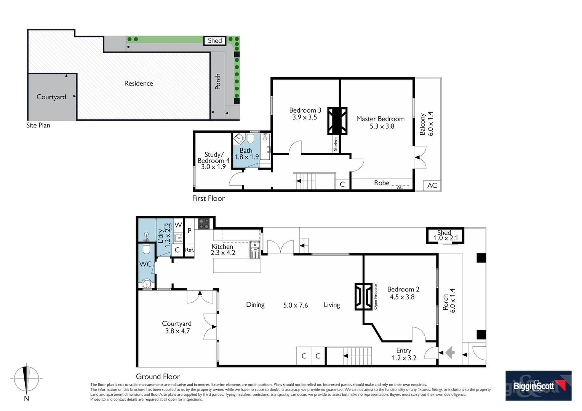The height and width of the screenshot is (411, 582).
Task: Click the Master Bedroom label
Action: pos(380,119)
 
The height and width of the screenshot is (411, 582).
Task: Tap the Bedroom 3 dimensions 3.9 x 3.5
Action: pos(304,118)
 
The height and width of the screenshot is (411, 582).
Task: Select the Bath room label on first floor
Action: pos(246,151)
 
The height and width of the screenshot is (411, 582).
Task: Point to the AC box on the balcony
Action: pos(432,185)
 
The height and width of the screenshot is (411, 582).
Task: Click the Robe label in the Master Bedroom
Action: pos(381,183)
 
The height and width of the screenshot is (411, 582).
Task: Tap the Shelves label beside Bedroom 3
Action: pos(336,144)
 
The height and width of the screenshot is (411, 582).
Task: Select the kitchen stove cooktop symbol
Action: pos(204,223)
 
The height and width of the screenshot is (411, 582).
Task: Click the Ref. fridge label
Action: pos(189,250)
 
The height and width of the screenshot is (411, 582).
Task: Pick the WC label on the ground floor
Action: pos(145,264)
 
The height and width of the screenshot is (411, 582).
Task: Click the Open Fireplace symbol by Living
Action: pos(363,296)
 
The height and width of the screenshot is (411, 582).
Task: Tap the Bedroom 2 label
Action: pos(403,289)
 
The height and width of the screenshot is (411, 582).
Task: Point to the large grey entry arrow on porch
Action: pos(450,352)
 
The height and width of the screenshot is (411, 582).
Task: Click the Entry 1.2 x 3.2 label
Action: pos(404,354)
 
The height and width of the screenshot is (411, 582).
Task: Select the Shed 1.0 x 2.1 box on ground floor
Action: pos(444,236)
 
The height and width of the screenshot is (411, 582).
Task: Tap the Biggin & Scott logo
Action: pos(538,386)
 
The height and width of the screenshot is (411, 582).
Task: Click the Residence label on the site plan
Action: pos(139,83)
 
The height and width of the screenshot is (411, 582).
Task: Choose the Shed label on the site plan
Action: pos(215,41)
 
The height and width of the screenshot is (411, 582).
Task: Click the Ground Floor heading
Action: pos(158,377)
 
